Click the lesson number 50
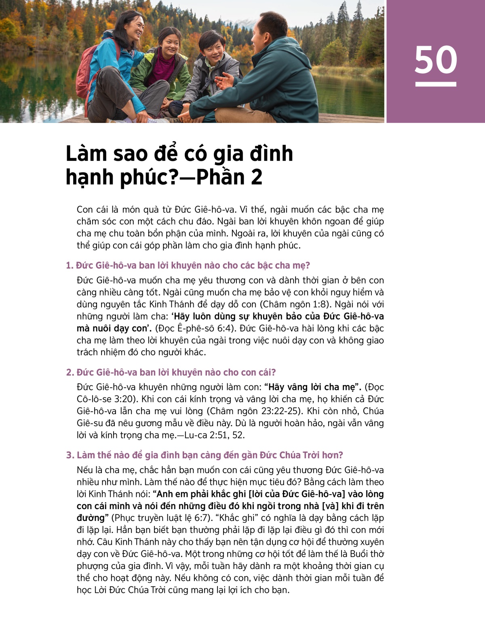click(436, 60)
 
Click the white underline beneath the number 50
click(436, 84)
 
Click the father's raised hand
click(225, 81)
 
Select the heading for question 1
click(188, 265)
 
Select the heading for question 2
click(171, 372)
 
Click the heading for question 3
click(205, 455)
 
